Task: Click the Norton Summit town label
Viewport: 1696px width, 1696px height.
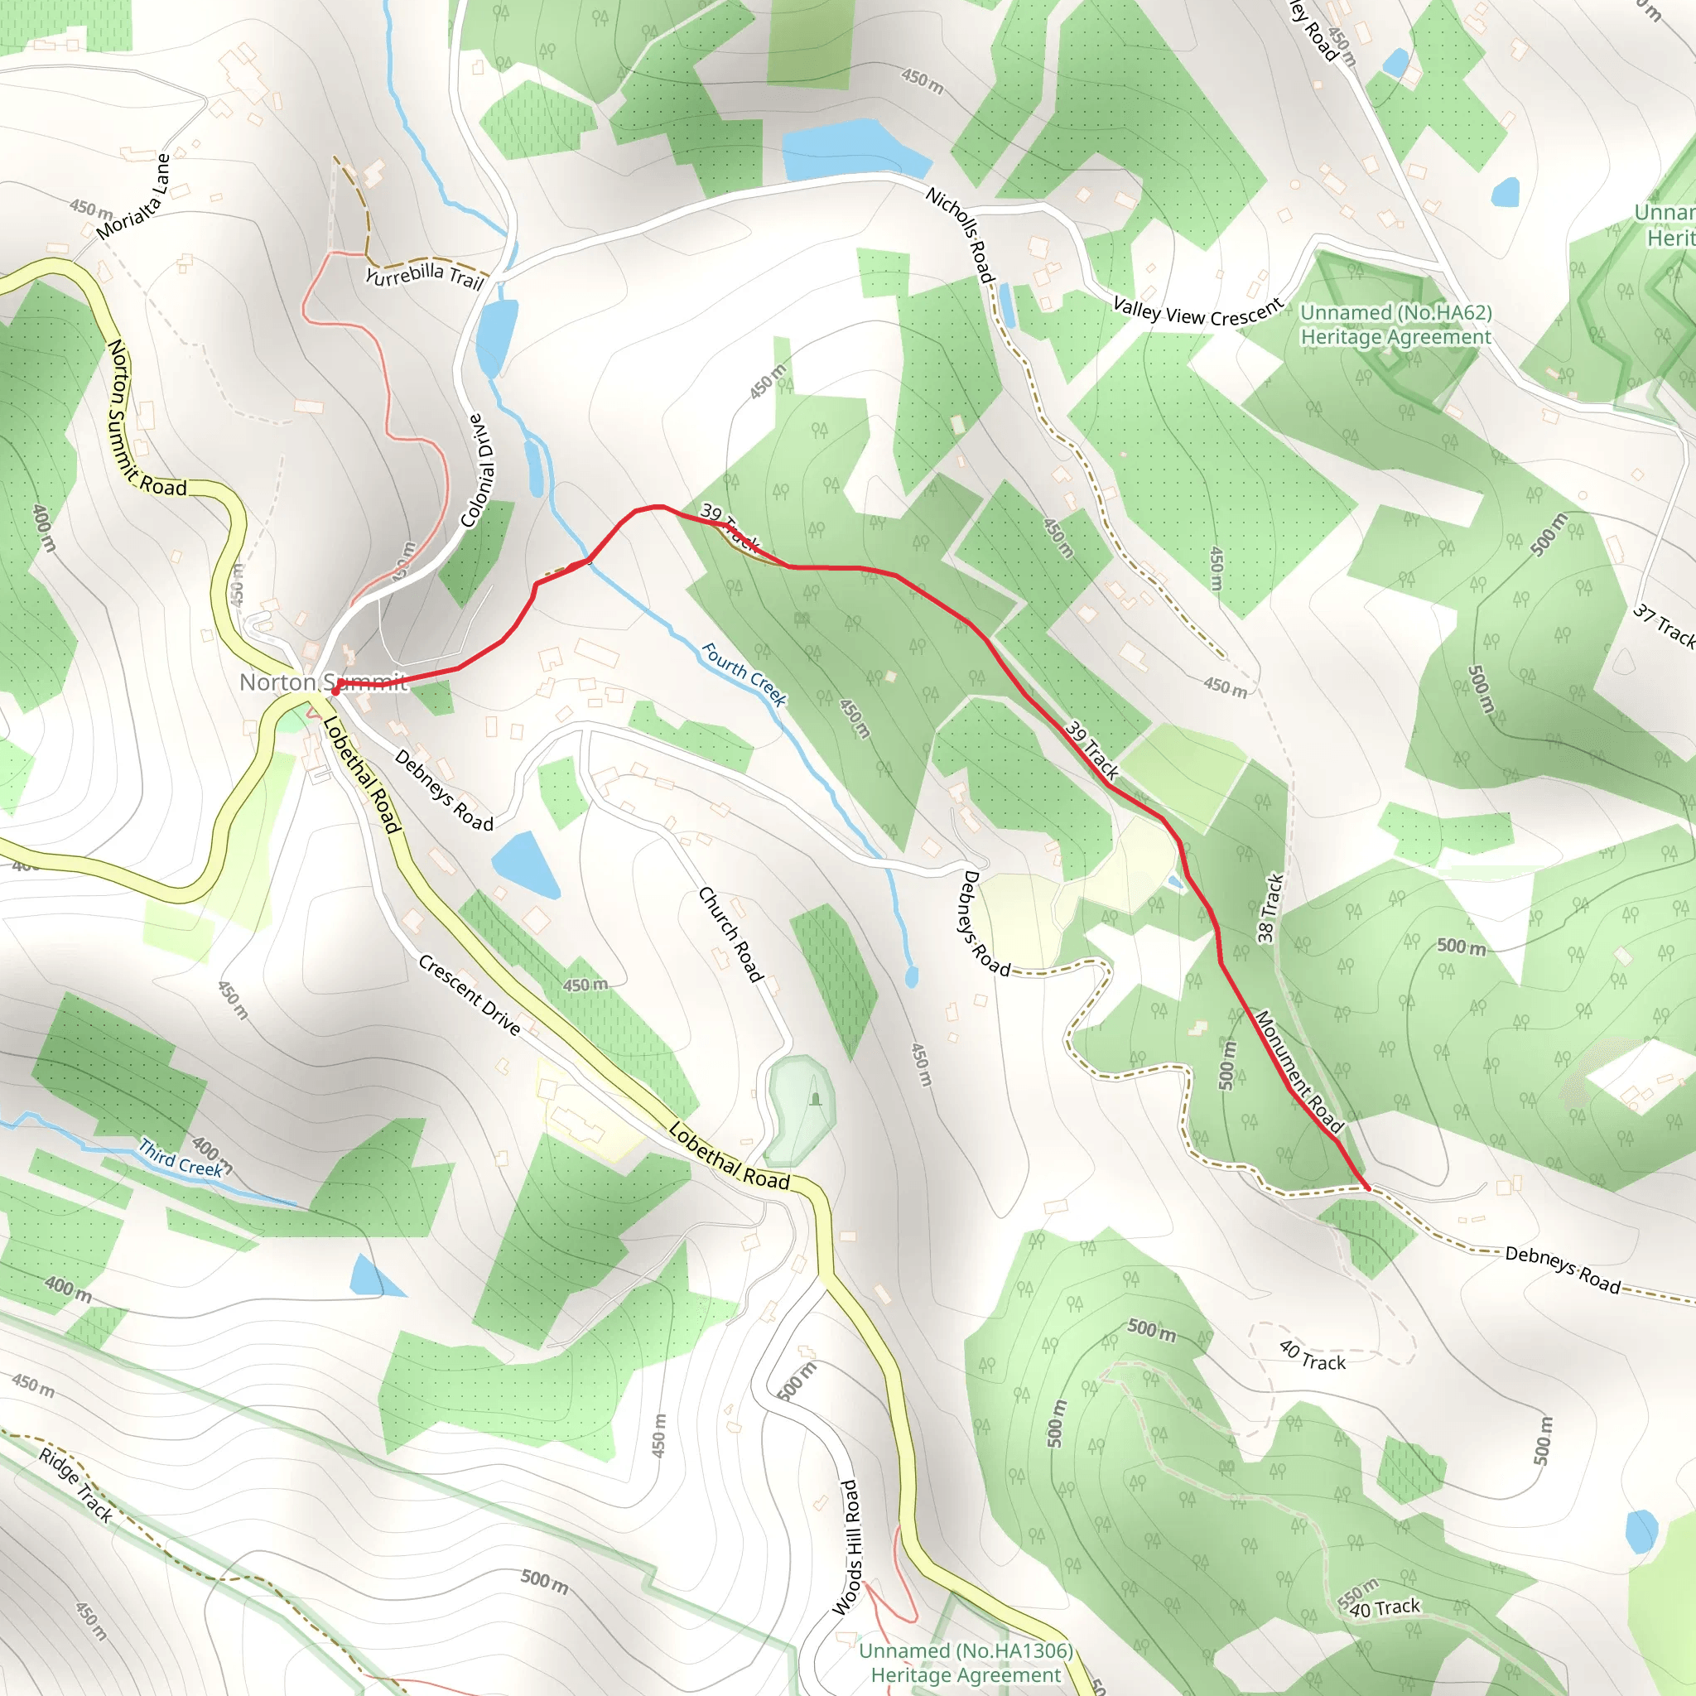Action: [x=322, y=682]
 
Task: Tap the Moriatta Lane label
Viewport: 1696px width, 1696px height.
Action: [x=133, y=198]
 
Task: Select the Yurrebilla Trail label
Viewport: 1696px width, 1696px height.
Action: [x=425, y=276]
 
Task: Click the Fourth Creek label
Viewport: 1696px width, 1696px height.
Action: [x=744, y=674]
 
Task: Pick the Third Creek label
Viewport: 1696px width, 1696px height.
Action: [x=180, y=1158]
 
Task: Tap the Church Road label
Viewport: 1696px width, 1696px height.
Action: [x=730, y=934]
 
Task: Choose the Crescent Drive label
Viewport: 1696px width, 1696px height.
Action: [x=469, y=995]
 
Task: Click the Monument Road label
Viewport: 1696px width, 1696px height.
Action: [x=1298, y=1072]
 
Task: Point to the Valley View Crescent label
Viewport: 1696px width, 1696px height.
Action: [x=1198, y=312]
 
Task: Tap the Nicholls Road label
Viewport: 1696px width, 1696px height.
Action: [x=961, y=235]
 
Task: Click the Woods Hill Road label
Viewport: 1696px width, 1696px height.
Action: [x=846, y=1548]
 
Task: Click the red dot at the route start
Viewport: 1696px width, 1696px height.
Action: [x=335, y=691]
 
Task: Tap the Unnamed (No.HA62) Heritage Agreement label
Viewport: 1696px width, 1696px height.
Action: [x=1395, y=325]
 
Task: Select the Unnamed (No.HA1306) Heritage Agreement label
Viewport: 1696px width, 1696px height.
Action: [x=966, y=1663]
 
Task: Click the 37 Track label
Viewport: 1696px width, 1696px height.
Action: [x=1664, y=624]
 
